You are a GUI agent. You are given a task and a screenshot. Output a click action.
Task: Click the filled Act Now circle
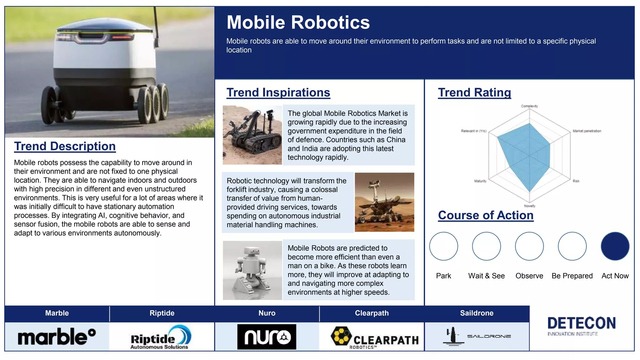pos(615,246)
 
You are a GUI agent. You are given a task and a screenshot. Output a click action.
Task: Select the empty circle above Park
pos(443,246)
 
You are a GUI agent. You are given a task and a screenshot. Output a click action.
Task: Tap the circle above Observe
pos(529,246)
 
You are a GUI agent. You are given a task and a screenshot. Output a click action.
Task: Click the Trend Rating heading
pos(474,92)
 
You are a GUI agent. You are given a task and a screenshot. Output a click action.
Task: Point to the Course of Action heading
pos(486,215)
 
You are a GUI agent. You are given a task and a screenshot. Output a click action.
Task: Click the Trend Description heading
pos(65,146)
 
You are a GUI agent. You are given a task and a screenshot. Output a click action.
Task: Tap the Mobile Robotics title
pos(298,22)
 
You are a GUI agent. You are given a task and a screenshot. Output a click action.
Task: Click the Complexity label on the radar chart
pos(529,106)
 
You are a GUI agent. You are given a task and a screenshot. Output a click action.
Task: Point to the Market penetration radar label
pos(587,131)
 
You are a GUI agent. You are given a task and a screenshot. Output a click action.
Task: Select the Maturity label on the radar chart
pos(480,181)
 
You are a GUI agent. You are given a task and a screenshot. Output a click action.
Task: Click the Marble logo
pos(57,337)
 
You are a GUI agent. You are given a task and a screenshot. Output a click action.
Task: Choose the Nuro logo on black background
pos(267,337)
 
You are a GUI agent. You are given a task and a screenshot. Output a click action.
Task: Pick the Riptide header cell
pos(162,313)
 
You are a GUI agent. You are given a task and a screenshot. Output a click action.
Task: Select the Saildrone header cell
pos(477,313)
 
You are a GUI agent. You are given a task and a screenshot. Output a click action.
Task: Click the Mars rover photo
pos(384,202)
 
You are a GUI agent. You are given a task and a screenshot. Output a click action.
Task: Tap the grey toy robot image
pos(252,270)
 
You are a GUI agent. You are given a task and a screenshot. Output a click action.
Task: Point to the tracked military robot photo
pos(252,135)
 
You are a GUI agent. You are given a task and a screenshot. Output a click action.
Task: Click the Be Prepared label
pos(572,276)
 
